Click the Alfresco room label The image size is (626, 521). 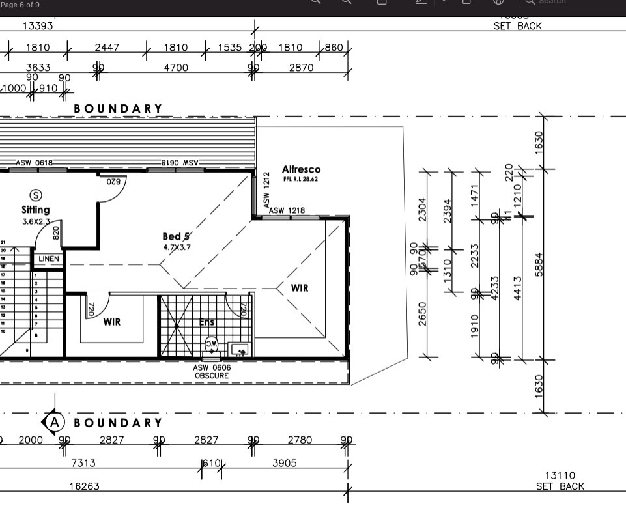tap(301, 169)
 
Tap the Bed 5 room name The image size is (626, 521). tap(176, 236)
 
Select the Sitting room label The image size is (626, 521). tap(35, 210)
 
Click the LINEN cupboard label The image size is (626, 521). tap(49, 259)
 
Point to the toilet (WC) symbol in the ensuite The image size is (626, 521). tap(212, 344)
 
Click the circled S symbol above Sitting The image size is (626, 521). tap(36, 195)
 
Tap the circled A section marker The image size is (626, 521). tap(55, 423)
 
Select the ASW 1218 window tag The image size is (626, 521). tap(287, 210)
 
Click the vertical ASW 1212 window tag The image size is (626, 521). tap(266, 190)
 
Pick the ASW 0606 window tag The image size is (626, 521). tap(212, 368)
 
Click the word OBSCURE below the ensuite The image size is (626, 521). tap(212, 376)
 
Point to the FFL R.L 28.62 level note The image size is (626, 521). tap(301, 179)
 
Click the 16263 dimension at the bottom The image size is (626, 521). tap(85, 486)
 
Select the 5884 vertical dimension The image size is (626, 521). tap(539, 264)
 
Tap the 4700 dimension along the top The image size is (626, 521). tap(176, 68)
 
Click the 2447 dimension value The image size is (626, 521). tap(107, 48)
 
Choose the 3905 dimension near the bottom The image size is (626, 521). tap(284, 463)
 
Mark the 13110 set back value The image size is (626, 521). tap(560, 476)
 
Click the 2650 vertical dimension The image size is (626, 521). tap(423, 314)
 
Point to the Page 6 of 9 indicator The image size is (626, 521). tap(20, 5)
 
